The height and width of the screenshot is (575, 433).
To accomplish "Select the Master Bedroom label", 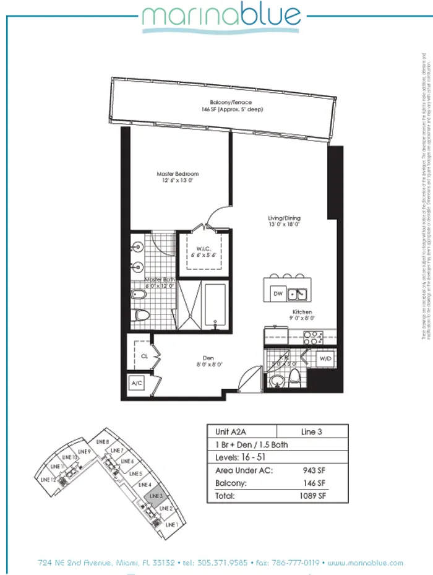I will (x=178, y=178).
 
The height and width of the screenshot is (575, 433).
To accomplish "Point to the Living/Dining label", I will (x=285, y=221).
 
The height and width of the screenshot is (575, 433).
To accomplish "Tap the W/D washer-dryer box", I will (x=325, y=359).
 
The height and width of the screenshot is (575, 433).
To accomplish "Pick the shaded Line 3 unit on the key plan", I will (x=155, y=495).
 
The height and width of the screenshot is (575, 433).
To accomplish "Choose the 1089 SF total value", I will (x=312, y=496).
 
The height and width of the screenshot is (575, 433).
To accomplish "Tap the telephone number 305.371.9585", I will (x=214, y=563).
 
